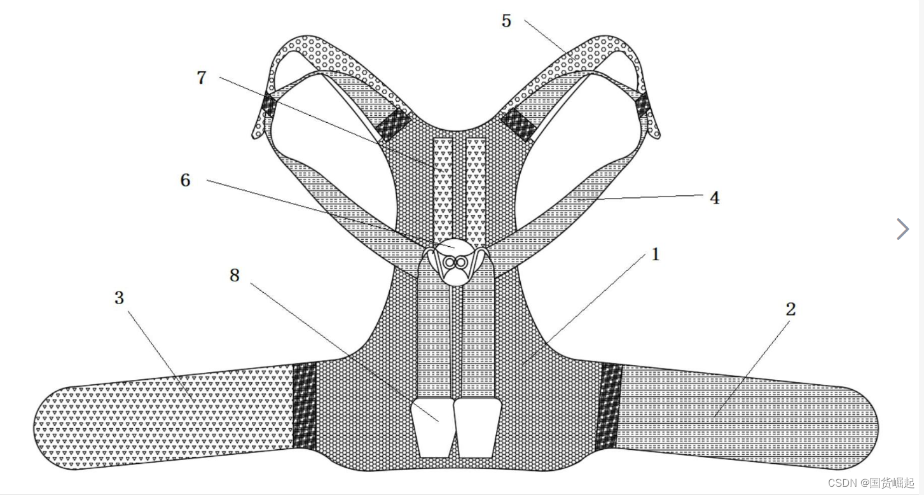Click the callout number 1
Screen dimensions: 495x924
[x=656, y=254]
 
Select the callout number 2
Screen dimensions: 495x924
[x=790, y=309]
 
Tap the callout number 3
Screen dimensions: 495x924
[x=119, y=297]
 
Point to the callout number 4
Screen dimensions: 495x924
[x=714, y=198]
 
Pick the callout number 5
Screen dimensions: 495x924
[x=506, y=21]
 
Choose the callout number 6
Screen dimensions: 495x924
[x=185, y=180]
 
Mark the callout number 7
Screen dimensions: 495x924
[x=202, y=78]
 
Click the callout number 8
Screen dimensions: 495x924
[x=235, y=275]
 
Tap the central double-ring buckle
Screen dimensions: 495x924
[x=455, y=262]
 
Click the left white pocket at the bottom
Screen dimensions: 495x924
[x=432, y=428]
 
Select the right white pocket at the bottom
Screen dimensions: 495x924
[x=476, y=428]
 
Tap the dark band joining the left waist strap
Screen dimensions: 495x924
[x=304, y=405]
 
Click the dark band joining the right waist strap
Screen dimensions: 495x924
[x=608, y=405]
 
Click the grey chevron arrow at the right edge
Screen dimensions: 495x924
[x=902, y=229]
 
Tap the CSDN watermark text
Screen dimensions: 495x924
[x=871, y=483]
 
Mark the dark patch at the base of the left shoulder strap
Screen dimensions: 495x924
[x=390, y=124]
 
